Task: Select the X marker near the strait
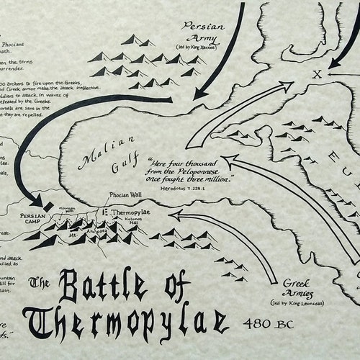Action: click(x=315, y=74)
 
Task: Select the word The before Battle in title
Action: click(x=40, y=281)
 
